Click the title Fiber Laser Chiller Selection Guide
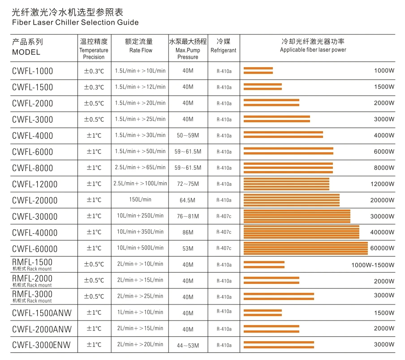click(x=75, y=22)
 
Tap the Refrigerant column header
click(x=223, y=50)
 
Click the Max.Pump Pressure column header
click(x=188, y=54)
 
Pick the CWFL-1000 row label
click(x=32, y=71)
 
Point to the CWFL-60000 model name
click(x=35, y=249)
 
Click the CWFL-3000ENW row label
click(x=41, y=345)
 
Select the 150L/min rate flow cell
click(x=140, y=200)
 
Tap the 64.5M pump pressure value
click(x=188, y=200)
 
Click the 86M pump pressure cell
click(x=188, y=232)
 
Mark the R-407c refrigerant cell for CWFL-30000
click(x=224, y=216)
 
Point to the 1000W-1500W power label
click(x=373, y=265)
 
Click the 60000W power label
click(x=382, y=249)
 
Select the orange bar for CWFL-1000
click(x=258, y=70)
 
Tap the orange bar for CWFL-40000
click(x=301, y=232)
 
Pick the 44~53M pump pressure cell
click(x=188, y=345)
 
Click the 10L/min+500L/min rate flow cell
click(x=140, y=248)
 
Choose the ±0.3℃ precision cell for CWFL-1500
click(x=94, y=87)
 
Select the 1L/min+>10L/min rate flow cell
click(x=140, y=313)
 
